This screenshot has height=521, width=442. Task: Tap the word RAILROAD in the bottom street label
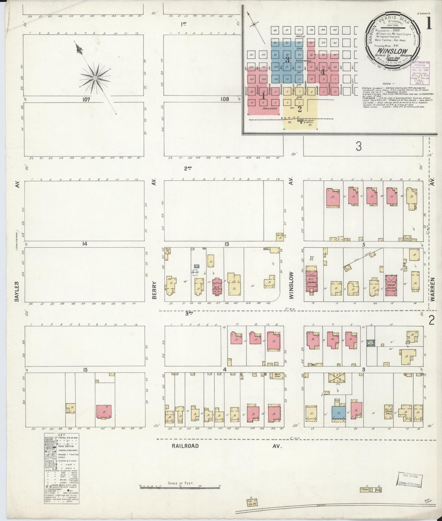click(184, 446)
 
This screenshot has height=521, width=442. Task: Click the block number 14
click(85, 244)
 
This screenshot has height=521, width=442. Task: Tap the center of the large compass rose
click(95, 78)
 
